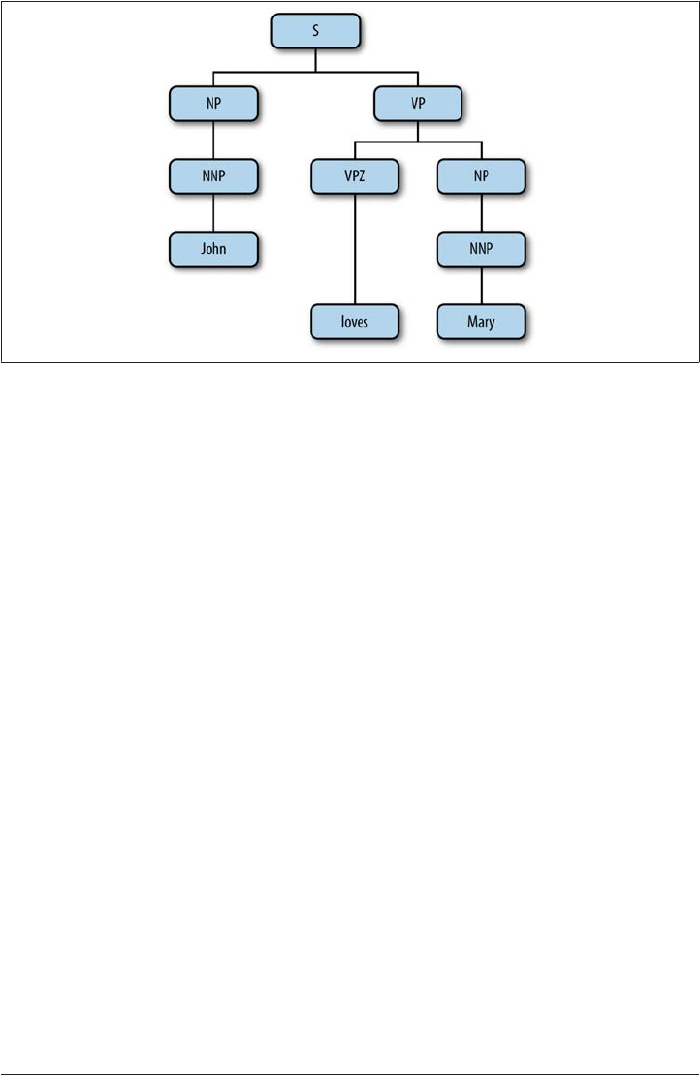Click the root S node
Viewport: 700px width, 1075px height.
pos(316,31)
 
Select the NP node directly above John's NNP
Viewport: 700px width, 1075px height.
pos(213,102)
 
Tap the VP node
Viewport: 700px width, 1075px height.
pos(418,102)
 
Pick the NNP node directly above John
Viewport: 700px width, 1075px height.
pos(213,175)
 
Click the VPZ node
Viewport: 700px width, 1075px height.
pos(355,175)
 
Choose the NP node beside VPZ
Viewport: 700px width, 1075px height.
pos(481,175)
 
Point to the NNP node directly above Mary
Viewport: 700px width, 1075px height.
pos(481,249)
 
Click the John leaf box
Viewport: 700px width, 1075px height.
pos(213,249)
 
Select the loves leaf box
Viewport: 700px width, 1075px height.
pos(355,322)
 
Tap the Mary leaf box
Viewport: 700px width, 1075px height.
pos(481,322)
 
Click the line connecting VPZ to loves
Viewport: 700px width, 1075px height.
pos(355,249)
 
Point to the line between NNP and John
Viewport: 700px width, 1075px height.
pos(213,212)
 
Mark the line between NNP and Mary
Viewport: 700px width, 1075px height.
pos(481,286)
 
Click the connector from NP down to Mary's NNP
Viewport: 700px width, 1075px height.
pos(481,212)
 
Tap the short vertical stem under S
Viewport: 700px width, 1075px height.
pos(316,60)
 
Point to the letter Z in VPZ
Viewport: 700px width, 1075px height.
pos(365,175)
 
